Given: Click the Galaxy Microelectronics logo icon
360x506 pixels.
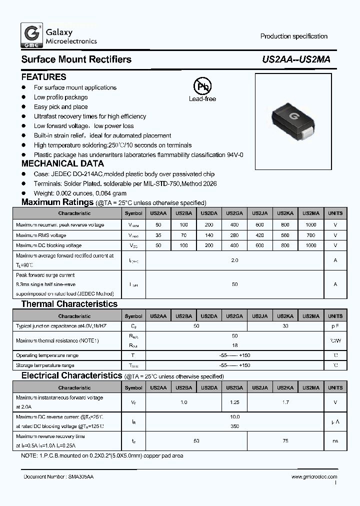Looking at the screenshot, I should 31,36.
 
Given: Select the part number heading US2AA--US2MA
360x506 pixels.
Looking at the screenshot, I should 296,59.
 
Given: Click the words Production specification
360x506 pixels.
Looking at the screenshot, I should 293,36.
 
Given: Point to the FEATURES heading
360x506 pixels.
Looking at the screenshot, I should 43,77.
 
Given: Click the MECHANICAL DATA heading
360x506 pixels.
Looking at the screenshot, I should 62,163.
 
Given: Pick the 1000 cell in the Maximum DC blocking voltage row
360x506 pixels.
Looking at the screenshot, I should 310,245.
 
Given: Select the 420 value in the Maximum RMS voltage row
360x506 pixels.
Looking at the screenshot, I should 259,235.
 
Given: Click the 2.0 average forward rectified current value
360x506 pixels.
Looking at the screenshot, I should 234,260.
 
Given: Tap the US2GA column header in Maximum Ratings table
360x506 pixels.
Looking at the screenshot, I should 234,213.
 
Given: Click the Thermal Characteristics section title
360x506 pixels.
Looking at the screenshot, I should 69,304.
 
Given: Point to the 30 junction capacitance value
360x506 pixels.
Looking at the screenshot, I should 285,326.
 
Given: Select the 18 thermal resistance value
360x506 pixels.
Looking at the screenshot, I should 234,345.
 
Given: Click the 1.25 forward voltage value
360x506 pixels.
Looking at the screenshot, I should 234,402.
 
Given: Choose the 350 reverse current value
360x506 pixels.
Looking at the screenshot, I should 234,426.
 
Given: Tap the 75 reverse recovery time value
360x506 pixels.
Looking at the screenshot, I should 285,440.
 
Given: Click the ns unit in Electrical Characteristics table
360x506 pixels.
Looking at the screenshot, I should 335,440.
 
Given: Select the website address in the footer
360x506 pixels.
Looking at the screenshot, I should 313,477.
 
